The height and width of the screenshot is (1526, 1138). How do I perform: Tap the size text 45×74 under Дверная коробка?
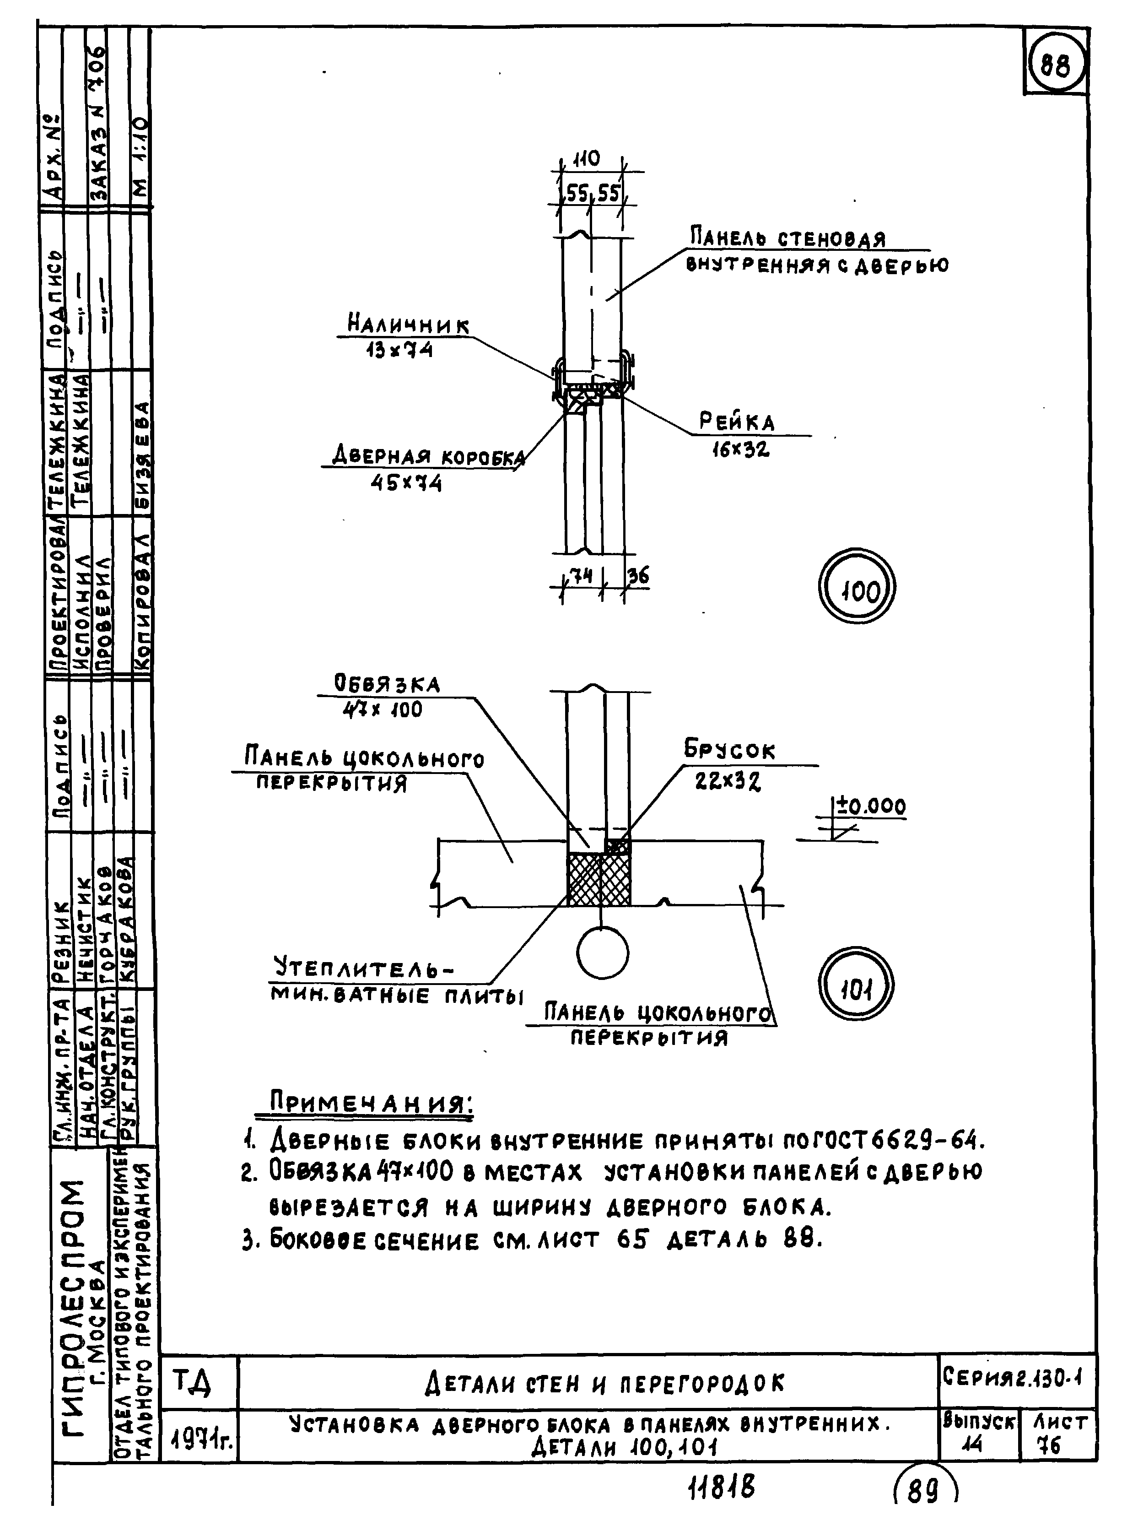(x=406, y=483)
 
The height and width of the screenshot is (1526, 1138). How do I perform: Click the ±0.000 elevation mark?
(x=871, y=806)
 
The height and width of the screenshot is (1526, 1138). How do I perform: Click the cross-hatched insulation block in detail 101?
(x=599, y=880)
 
